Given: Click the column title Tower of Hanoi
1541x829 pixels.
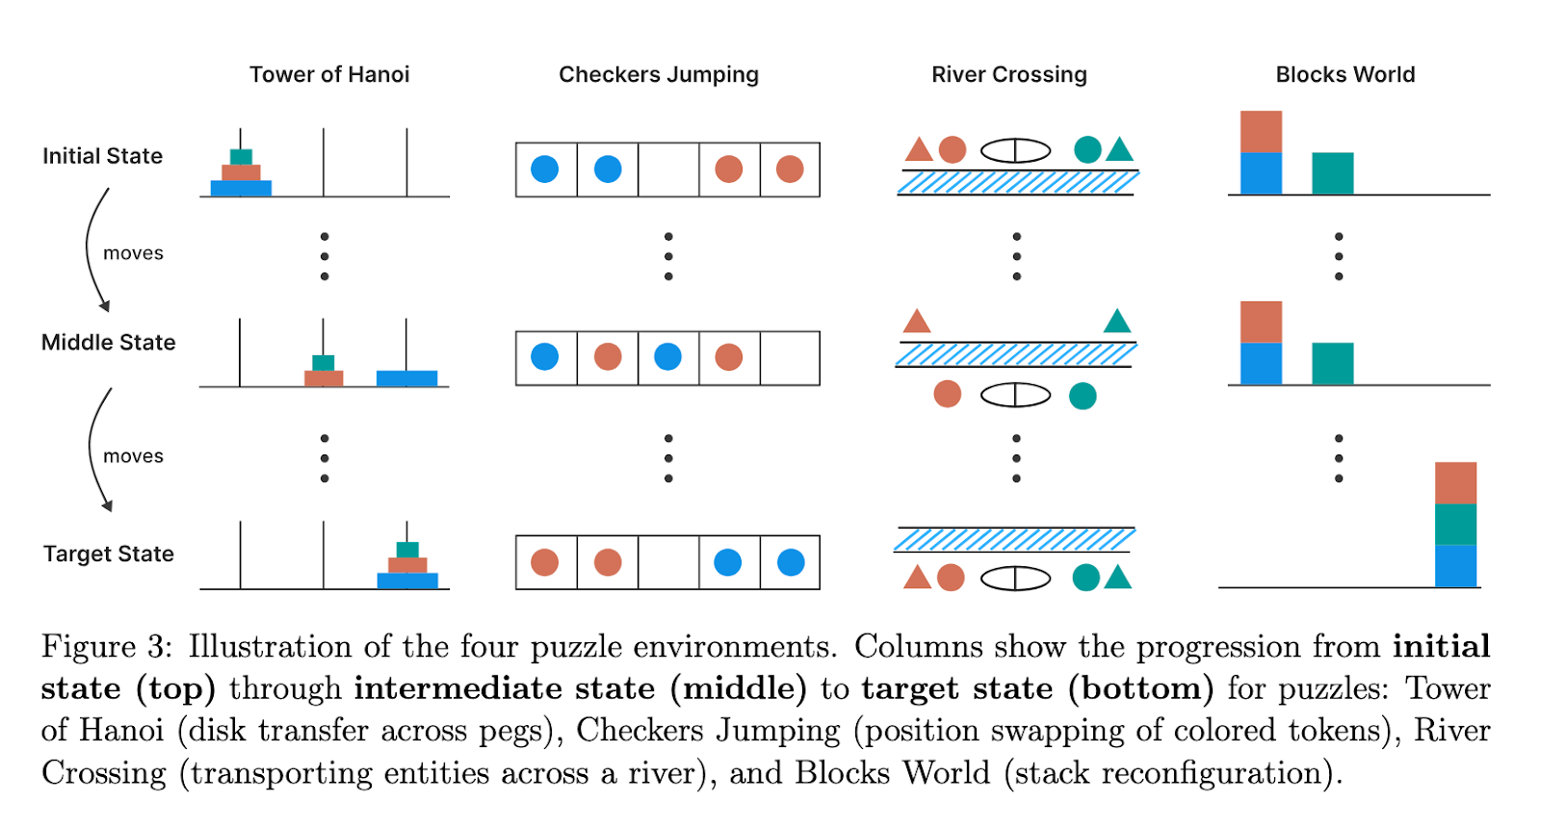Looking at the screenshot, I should pyautogui.click(x=329, y=75).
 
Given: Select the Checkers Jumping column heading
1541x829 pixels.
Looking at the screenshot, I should pyautogui.click(x=659, y=75).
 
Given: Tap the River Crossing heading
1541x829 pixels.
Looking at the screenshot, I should pyautogui.click(x=1008, y=75).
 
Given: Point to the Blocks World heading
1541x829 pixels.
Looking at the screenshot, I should pyautogui.click(x=1345, y=75).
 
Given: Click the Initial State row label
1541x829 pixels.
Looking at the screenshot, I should pyautogui.click(x=102, y=156).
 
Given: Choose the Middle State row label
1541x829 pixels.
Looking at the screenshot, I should pyautogui.click(x=108, y=343).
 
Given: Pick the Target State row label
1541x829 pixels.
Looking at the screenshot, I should pyautogui.click(x=108, y=555).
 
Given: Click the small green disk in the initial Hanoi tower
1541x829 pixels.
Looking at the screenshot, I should pyautogui.click(x=241, y=157).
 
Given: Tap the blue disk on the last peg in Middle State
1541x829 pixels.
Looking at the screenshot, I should pyautogui.click(x=406, y=378).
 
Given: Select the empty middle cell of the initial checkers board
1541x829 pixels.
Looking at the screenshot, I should pyautogui.click(x=667, y=170).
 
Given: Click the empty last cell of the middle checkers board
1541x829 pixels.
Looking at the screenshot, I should pyautogui.click(x=790, y=358).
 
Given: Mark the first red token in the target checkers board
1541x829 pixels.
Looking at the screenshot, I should pyautogui.click(x=545, y=562).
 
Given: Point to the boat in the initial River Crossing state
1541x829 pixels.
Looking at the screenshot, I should pyautogui.click(x=1015, y=151).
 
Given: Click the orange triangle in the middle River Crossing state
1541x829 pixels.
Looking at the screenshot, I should pyautogui.click(x=917, y=321).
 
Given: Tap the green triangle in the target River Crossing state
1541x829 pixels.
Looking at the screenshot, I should pyautogui.click(x=1118, y=578).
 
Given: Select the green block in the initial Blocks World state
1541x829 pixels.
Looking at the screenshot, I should pyautogui.click(x=1332, y=173).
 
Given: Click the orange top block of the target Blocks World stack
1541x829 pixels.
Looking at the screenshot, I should pyautogui.click(x=1455, y=483).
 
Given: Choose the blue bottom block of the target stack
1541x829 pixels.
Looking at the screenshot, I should pyautogui.click(x=1455, y=566).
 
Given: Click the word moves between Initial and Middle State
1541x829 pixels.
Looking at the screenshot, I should pyautogui.click(x=133, y=253).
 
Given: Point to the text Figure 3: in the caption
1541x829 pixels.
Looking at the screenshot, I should pyautogui.click(x=107, y=646).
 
